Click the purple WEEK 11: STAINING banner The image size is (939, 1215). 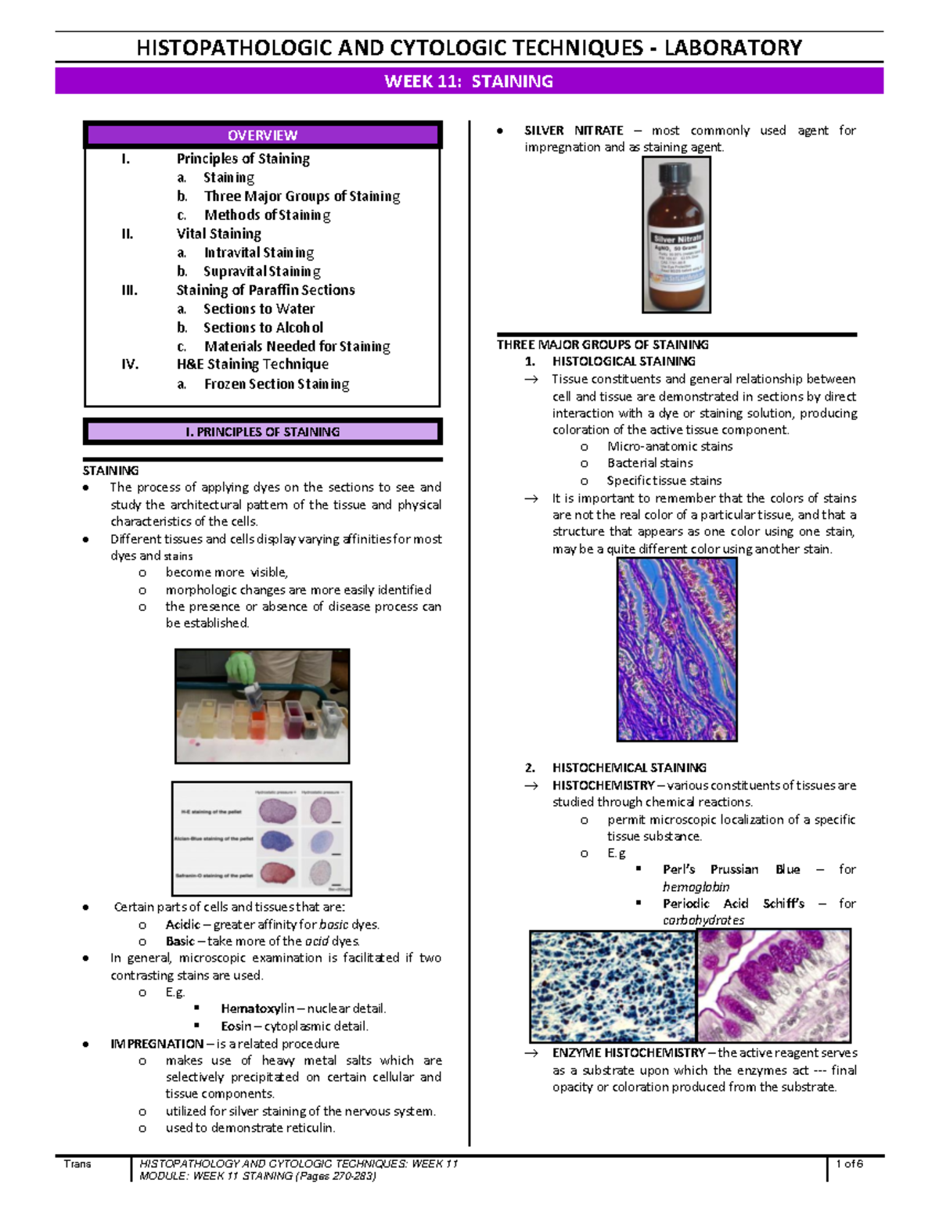(469, 81)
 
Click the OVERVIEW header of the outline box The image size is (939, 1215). (262, 135)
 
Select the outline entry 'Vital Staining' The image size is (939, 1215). (218, 234)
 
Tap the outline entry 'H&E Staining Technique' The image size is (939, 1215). (252, 365)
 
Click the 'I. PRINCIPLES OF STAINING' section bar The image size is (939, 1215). (262, 432)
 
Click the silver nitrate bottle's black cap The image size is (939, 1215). (676, 176)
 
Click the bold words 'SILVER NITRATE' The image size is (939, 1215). (574, 131)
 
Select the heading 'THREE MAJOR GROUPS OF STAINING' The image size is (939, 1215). (603, 345)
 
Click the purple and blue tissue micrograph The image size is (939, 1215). (677, 649)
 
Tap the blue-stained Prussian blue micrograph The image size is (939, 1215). (612, 986)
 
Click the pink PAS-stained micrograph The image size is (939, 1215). (773, 986)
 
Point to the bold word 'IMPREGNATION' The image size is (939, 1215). (156, 1044)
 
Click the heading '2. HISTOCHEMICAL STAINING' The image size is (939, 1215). (628, 768)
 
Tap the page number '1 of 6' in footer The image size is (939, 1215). (849, 1164)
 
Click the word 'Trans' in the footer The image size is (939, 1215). (77, 1164)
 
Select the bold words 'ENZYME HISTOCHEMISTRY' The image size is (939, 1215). (628, 1053)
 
